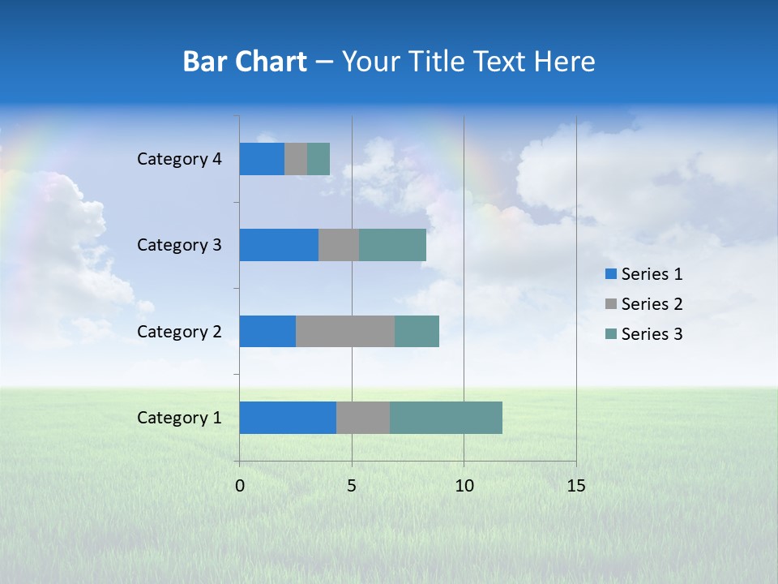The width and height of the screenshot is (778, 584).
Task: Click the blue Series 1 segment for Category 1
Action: click(288, 418)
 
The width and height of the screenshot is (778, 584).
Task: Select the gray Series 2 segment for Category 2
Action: click(345, 331)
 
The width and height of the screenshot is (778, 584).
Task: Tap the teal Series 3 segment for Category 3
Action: click(392, 245)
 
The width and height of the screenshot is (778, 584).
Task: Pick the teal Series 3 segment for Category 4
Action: click(318, 159)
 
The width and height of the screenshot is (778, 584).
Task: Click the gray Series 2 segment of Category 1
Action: click(363, 418)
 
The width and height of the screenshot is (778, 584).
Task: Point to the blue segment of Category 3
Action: click(279, 245)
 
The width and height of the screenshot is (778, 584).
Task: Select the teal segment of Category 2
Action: click(417, 331)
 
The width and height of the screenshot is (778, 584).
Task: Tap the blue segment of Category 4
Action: click(262, 159)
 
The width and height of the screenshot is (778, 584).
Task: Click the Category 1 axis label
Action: click(179, 418)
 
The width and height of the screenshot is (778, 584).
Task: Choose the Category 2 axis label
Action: click(179, 332)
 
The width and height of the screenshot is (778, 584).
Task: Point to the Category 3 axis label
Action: click(179, 245)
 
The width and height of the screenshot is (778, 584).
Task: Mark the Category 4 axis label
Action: click(179, 159)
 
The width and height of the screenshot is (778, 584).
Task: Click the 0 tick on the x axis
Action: click(240, 486)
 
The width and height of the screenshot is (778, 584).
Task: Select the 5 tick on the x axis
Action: click(352, 486)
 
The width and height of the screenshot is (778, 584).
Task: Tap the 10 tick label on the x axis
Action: click(464, 486)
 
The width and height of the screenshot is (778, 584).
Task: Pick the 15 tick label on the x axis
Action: click(575, 486)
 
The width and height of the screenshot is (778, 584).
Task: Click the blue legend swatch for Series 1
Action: click(611, 274)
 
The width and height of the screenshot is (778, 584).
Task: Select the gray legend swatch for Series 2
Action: click(611, 304)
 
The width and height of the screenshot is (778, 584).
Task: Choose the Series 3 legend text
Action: click(652, 334)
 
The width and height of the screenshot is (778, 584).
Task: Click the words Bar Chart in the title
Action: click(245, 62)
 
